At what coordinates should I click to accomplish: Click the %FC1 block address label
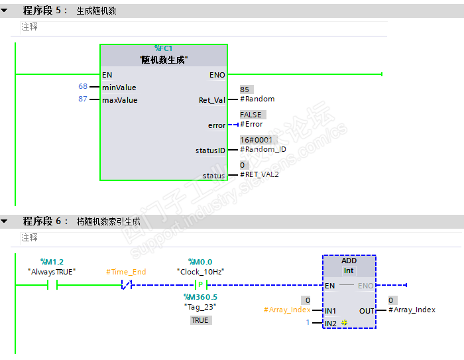click(164, 48)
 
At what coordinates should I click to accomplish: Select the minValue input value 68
click(83, 87)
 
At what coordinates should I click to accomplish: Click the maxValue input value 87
click(83, 99)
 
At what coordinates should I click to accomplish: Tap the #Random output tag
click(257, 99)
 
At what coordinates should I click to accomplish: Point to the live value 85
click(245, 90)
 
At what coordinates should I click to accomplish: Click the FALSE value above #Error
click(251, 115)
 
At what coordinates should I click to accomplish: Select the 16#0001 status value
click(256, 140)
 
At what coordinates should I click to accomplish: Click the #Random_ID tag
click(262, 149)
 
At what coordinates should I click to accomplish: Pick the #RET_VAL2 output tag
click(259, 174)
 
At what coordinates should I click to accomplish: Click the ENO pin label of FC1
click(217, 75)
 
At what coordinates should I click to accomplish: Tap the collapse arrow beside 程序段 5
click(5, 11)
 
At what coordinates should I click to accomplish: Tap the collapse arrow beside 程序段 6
click(5, 221)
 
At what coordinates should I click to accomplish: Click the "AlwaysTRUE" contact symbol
click(52, 285)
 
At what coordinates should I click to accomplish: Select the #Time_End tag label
click(126, 272)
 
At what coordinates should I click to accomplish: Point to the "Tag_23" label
click(201, 306)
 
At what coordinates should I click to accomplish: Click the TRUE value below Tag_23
click(200, 320)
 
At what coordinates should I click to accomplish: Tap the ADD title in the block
click(349, 261)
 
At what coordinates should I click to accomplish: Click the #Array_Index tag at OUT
click(412, 310)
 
